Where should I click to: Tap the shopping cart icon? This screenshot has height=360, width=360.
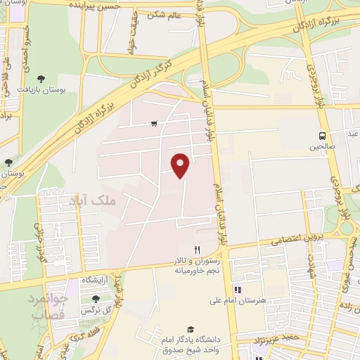pyautogui.click(x=153, y=124)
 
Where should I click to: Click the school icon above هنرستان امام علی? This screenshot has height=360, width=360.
pyautogui.click(x=238, y=289)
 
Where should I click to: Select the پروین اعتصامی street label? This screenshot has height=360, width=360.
pyautogui.click(x=290, y=240)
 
